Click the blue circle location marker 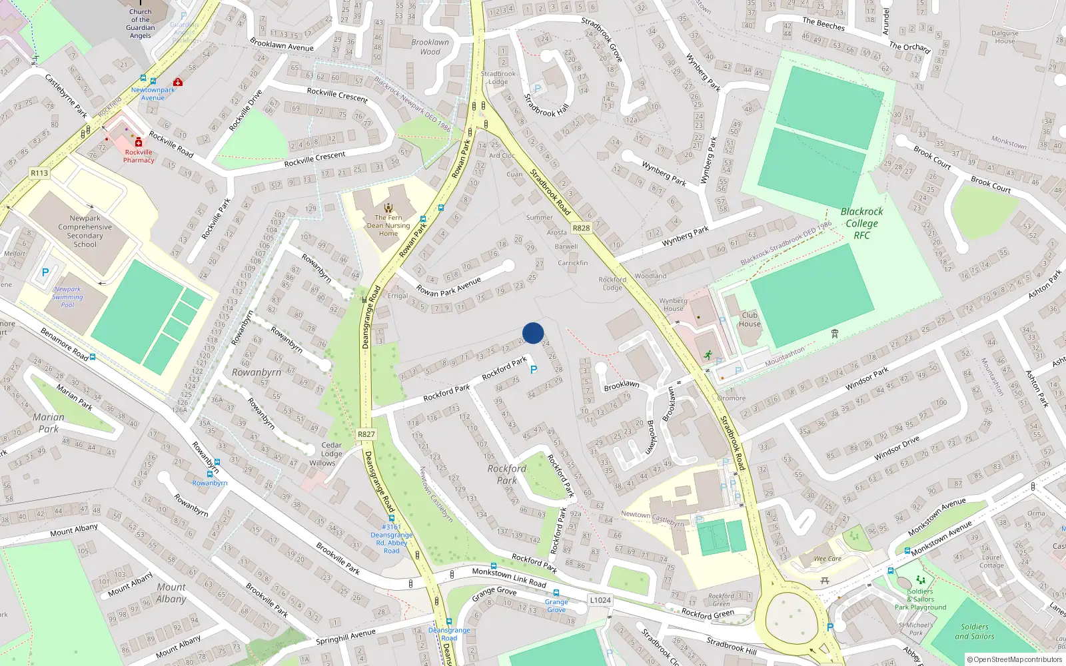click(x=533, y=333)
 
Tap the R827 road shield click(x=366, y=434)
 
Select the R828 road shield click(x=581, y=228)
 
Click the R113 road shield click(x=39, y=173)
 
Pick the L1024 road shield click(x=600, y=600)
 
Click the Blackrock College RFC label click(x=861, y=223)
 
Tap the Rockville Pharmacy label click(x=139, y=156)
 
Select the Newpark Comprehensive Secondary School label click(x=85, y=231)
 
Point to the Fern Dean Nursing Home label click(x=388, y=225)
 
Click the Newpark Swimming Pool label click(x=67, y=297)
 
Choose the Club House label click(x=750, y=320)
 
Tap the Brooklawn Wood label click(x=430, y=47)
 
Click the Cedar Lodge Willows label click(x=331, y=454)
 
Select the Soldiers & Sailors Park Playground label click(x=920, y=599)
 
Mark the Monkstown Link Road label click(x=509, y=577)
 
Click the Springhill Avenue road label click(x=346, y=637)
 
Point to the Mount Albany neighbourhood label click(x=171, y=593)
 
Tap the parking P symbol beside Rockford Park click(x=533, y=370)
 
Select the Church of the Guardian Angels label click(x=141, y=23)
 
